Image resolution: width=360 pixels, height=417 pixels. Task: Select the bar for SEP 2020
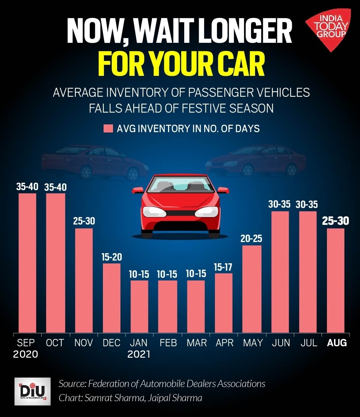click(x=27, y=263)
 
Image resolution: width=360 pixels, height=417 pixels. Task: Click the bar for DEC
click(x=112, y=298)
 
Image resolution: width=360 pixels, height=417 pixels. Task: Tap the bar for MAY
click(x=252, y=289)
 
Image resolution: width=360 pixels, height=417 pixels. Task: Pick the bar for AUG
click(x=336, y=280)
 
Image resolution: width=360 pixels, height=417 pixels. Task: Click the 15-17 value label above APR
click(x=223, y=267)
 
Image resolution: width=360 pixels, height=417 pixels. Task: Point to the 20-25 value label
click(x=251, y=239)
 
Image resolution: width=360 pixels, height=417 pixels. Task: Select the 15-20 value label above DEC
click(x=112, y=257)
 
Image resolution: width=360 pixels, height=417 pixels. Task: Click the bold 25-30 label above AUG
click(x=335, y=221)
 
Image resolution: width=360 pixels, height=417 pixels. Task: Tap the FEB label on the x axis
click(x=168, y=343)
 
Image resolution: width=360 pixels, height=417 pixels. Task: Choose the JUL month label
click(x=309, y=343)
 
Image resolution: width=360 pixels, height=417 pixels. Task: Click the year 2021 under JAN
click(x=139, y=354)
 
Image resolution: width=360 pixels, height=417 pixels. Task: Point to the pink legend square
click(x=108, y=128)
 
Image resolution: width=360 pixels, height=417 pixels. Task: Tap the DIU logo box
click(x=32, y=391)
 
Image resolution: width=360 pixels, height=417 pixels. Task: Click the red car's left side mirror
click(x=138, y=190)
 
